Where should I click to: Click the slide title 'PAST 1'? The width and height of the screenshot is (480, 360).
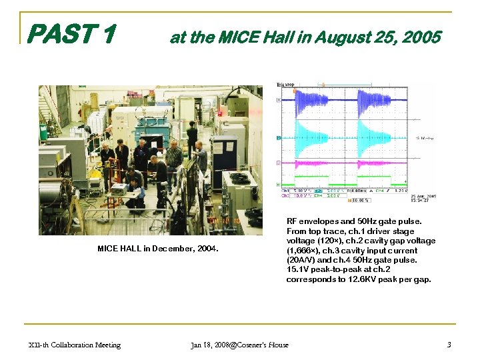tap(73, 33)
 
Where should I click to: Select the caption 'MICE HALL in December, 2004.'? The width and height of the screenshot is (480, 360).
tap(158, 249)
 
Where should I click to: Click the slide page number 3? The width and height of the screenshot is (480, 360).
tap(450, 345)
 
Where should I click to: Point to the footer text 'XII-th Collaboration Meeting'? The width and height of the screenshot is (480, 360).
tap(75, 345)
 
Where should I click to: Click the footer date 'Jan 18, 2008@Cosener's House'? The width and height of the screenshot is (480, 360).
tap(239, 345)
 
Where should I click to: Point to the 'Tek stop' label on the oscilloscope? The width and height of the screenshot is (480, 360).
tap(286, 85)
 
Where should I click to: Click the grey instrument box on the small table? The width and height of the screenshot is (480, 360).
tap(119, 190)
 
